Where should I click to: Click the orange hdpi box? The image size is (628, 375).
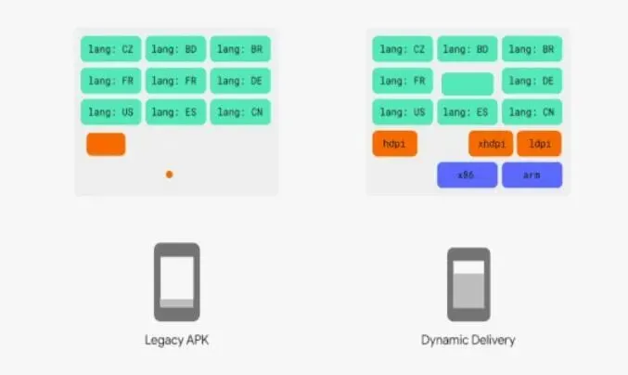[394, 144]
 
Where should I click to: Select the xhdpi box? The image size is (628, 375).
[491, 144]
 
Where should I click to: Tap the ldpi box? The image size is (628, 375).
[539, 144]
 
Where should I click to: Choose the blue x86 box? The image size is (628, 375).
[467, 175]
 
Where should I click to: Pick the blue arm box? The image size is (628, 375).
[532, 175]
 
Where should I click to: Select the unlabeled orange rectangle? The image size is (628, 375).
[106, 144]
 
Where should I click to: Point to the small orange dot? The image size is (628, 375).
[169, 174]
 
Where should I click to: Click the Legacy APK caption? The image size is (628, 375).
[176, 341]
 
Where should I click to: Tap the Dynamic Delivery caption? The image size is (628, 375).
[468, 341]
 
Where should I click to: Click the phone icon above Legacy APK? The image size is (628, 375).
[176, 281]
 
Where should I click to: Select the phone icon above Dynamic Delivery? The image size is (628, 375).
[468, 283]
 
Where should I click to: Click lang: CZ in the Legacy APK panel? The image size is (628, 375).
[110, 49]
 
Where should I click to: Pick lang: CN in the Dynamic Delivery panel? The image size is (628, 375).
[532, 112]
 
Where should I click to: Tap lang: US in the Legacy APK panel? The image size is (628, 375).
[110, 112]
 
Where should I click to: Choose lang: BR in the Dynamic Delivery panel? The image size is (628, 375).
[532, 49]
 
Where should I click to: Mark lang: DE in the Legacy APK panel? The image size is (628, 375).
[240, 81]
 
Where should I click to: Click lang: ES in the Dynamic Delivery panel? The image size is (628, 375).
[467, 112]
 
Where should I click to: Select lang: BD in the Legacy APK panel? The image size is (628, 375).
[175, 49]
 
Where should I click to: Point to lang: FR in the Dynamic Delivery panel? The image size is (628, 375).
[402, 81]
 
